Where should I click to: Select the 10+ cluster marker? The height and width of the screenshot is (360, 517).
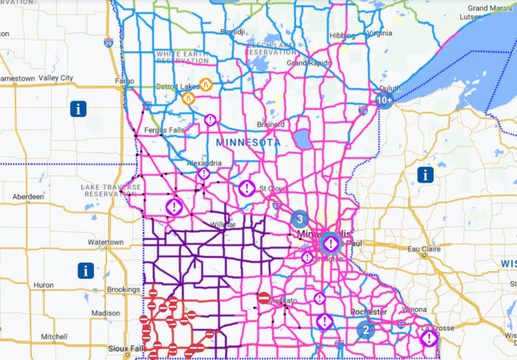pyautogui.click(x=384, y=99)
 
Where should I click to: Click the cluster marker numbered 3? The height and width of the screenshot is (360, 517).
pyautogui.click(x=299, y=219)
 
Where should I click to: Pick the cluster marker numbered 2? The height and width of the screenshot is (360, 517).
pyautogui.click(x=365, y=330)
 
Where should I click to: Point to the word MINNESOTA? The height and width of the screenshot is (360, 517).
pyautogui.click(x=248, y=141)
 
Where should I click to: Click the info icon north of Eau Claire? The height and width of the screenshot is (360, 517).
pyautogui.click(x=425, y=174)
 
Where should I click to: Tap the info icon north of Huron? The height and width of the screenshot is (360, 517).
pyautogui.click(x=86, y=270)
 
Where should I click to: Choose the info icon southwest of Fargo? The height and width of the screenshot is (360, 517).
pyautogui.click(x=78, y=109)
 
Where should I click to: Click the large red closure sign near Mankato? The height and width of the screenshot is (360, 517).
pyautogui.click(x=264, y=298)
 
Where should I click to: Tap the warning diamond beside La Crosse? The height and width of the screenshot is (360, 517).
pyautogui.click(x=428, y=339)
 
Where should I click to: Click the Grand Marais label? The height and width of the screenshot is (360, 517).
pyautogui.click(x=490, y=7)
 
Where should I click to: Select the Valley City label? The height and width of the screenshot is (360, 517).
pyautogui.click(x=57, y=78)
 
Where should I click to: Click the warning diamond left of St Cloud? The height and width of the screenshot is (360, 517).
pyautogui.click(x=247, y=189)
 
